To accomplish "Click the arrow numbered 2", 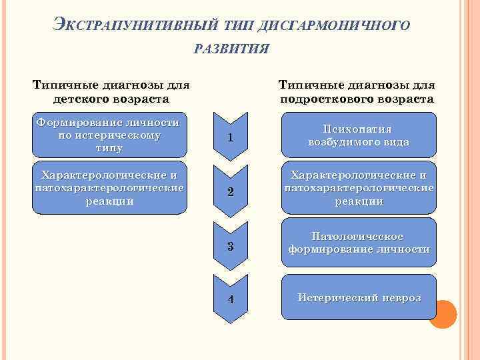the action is [x=229, y=191].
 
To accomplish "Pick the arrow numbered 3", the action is [x=229, y=246].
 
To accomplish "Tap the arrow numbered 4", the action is [x=229, y=298].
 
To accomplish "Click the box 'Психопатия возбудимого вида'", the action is [x=359, y=136].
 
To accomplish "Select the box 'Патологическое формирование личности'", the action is [x=359, y=243].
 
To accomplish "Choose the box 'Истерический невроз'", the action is [x=359, y=297].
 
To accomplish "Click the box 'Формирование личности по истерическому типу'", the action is [x=109, y=135].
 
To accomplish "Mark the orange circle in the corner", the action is [x=442, y=313].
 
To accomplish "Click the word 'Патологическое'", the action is [x=358, y=237].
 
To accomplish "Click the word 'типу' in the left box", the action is [x=109, y=147].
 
